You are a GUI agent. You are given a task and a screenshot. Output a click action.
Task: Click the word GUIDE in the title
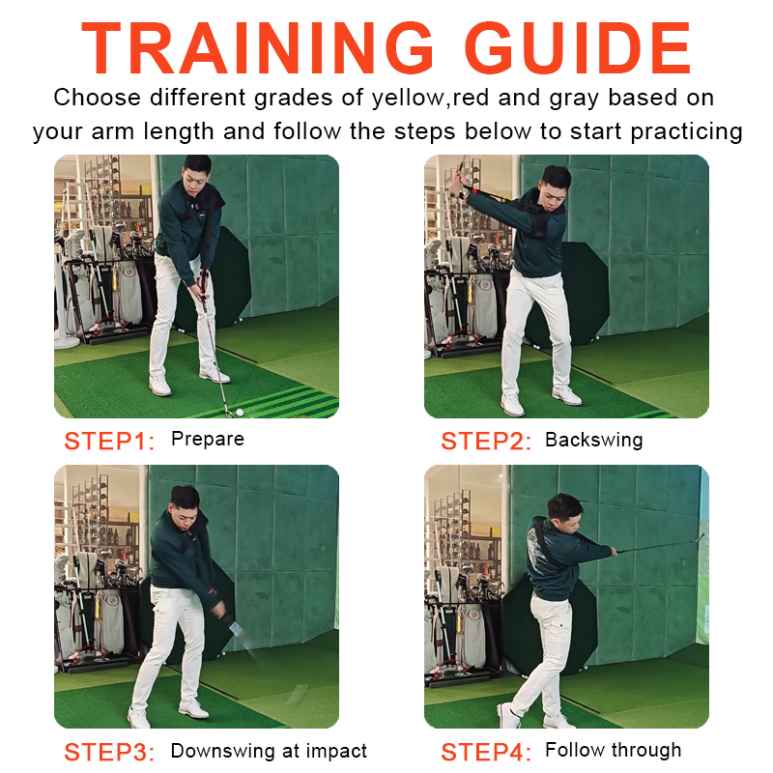tap(578, 48)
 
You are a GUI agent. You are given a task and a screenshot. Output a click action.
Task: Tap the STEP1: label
tap(109, 441)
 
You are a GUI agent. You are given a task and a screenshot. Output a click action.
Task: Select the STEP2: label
tap(486, 441)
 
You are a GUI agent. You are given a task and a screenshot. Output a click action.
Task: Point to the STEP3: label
tap(109, 752)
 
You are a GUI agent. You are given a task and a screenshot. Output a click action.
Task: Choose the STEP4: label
tap(486, 752)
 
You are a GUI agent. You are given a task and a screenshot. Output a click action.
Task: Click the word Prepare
tap(208, 440)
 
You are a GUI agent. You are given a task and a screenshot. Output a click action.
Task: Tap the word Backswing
tap(594, 440)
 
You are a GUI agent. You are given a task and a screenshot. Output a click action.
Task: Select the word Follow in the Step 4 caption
tap(571, 750)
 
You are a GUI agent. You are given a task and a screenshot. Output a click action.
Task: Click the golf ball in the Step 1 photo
tap(240, 413)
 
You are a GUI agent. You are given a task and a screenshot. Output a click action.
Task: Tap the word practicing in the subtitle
tap(686, 132)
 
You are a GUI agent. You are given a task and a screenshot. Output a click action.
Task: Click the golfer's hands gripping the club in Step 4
tap(613, 550)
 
